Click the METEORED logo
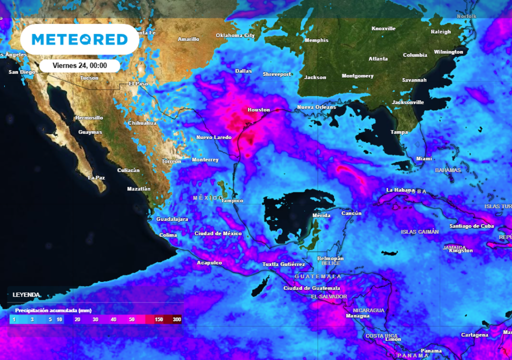(79, 39)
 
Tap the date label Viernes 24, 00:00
(79, 65)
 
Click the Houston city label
(258, 110)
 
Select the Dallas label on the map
(243, 71)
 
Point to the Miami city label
(424, 159)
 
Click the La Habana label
(400, 190)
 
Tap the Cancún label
(351, 213)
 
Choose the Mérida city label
(321, 215)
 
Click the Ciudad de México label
(218, 233)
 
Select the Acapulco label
(209, 262)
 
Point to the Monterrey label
(205, 160)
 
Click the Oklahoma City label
(235, 35)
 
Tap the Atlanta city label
(378, 59)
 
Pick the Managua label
(357, 315)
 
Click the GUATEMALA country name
(318, 276)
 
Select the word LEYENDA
(26, 295)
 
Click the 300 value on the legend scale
(176, 319)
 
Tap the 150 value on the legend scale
(159, 319)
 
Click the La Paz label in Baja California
(96, 177)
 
